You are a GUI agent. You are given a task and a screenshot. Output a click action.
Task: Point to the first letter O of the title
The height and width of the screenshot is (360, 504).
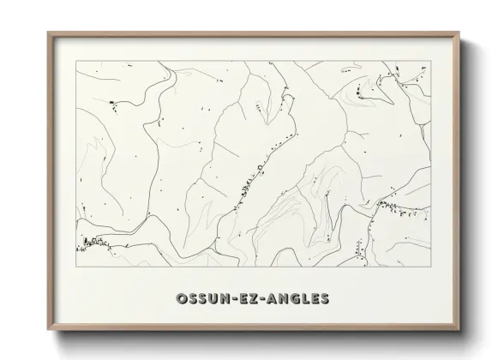181,298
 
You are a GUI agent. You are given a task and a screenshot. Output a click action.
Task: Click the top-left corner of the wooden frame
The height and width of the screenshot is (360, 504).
48,33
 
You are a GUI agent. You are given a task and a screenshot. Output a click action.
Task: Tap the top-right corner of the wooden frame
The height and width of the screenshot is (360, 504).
459,33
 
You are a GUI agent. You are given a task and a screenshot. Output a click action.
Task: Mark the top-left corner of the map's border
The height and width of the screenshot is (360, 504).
76,63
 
